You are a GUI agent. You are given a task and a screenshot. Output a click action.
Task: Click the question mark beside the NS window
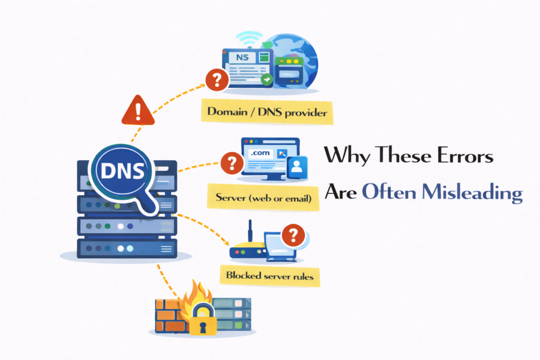pyautogui.click(x=217, y=80)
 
